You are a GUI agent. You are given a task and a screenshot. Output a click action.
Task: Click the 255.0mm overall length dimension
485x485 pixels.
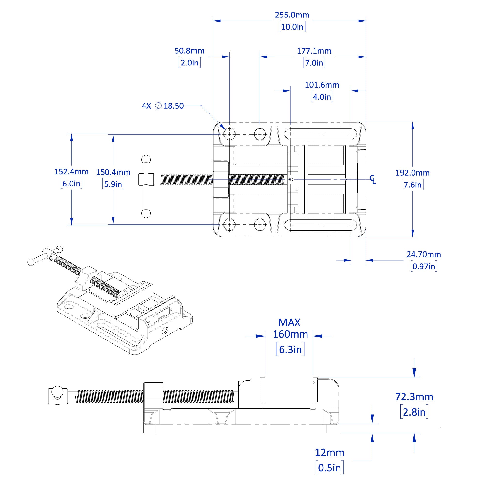pos(292,15)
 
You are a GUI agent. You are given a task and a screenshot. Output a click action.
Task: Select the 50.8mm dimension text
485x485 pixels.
pos(190,51)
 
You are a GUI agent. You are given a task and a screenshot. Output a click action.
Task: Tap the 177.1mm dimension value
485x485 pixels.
pos(314,51)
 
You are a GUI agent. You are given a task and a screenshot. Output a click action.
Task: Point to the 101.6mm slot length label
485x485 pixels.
pos(322,85)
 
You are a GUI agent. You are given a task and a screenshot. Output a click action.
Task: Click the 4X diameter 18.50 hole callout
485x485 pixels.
pos(163,106)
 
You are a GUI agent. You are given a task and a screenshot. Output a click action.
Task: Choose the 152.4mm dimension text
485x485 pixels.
pos(71,172)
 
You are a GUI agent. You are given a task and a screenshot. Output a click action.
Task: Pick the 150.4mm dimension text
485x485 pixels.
pos(113,172)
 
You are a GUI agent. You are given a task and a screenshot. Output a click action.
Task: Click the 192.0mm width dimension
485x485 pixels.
pos(412,173)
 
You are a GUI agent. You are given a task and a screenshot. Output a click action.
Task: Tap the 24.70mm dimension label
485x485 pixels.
pos(424,254)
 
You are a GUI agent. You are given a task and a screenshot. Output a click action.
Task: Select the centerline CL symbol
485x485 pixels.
pos(373,179)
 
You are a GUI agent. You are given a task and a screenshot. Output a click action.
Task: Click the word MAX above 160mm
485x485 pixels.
pos(289,323)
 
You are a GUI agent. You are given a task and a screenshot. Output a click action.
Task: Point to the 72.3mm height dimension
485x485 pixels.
pos(414,397)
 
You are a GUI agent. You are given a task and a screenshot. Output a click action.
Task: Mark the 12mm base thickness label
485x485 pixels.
pos(329,453)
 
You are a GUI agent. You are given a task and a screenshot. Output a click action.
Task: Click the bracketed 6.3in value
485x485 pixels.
pos(290,349)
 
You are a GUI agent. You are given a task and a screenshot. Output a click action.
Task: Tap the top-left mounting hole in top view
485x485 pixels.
pos(229,134)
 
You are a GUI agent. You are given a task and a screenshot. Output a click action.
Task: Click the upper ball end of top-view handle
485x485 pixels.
pos(146,160)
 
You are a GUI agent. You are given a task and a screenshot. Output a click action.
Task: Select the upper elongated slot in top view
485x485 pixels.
pos(321,134)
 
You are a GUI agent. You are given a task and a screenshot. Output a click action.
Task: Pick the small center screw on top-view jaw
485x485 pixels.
pos(291,179)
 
